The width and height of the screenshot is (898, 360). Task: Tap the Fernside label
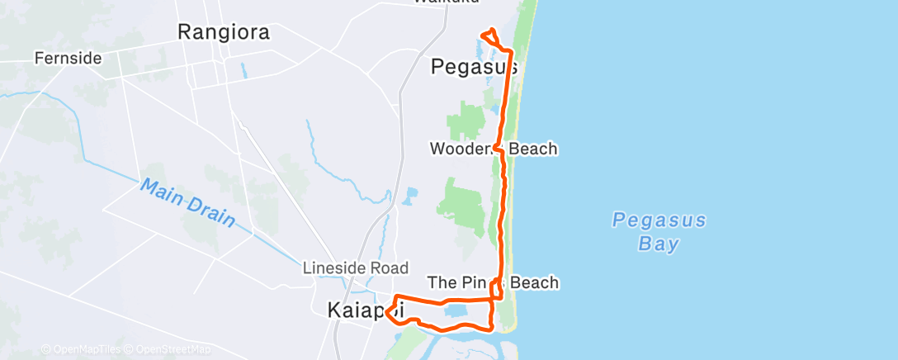[68, 59]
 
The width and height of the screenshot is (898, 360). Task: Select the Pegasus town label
[474, 68]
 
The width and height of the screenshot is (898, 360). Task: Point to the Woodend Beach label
[494, 149]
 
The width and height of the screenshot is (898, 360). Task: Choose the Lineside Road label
[356, 268]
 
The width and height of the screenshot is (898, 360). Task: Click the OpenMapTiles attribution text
[83, 349]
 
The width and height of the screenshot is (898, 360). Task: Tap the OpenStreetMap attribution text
[173, 349]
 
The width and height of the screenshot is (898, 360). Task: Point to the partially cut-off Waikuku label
[446, 2]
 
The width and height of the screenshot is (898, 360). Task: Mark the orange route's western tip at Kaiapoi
[385, 311]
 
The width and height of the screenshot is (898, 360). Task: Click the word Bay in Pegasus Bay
[659, 244]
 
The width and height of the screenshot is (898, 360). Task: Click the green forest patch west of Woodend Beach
[464, 121]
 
